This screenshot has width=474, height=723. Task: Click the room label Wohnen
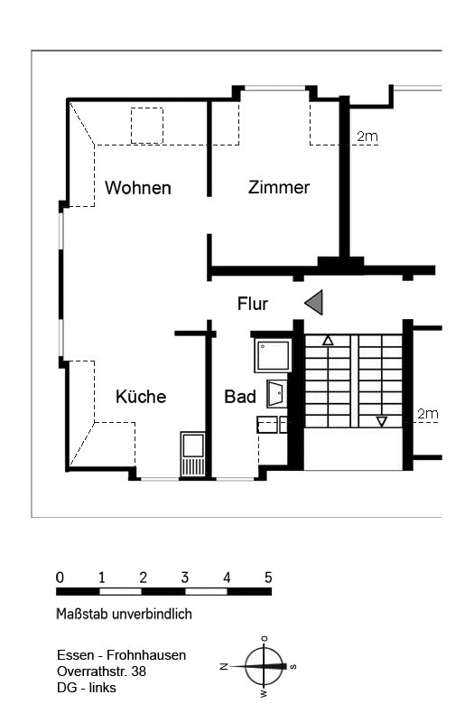[x=138, y=188]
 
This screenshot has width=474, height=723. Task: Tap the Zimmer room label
[x=279, y=187]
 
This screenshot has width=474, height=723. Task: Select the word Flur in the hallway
[x=253, y=304]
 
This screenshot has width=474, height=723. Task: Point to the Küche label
[x=141, y=397]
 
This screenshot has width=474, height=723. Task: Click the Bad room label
[x=240, y=397]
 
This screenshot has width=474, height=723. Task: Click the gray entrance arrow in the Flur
[x=313, y=303]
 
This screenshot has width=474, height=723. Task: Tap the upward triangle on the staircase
[x=328, y=341]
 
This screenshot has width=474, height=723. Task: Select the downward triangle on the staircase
[x=381, y=421]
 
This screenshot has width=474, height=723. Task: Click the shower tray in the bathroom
[x=273, y=355]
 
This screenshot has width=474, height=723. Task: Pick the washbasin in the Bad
[x=277, y=394]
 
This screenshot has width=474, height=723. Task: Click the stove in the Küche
[x=192, y=455]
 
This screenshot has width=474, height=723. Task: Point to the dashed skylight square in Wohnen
[x=147, y=126]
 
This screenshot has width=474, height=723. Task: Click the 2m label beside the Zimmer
[x=367, y=136]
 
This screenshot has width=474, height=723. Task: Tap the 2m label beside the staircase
[x=427, y=414]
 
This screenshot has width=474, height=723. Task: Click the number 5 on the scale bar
[x=268, y=577]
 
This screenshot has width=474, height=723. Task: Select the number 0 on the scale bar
[x=60, y=577]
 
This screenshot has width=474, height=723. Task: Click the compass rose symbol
[x=264, y=666]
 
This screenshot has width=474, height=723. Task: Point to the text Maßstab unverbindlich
[x=124, y=615]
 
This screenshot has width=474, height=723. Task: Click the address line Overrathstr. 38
[x=102, y=671]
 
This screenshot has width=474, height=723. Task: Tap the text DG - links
[x=87, y=688]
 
